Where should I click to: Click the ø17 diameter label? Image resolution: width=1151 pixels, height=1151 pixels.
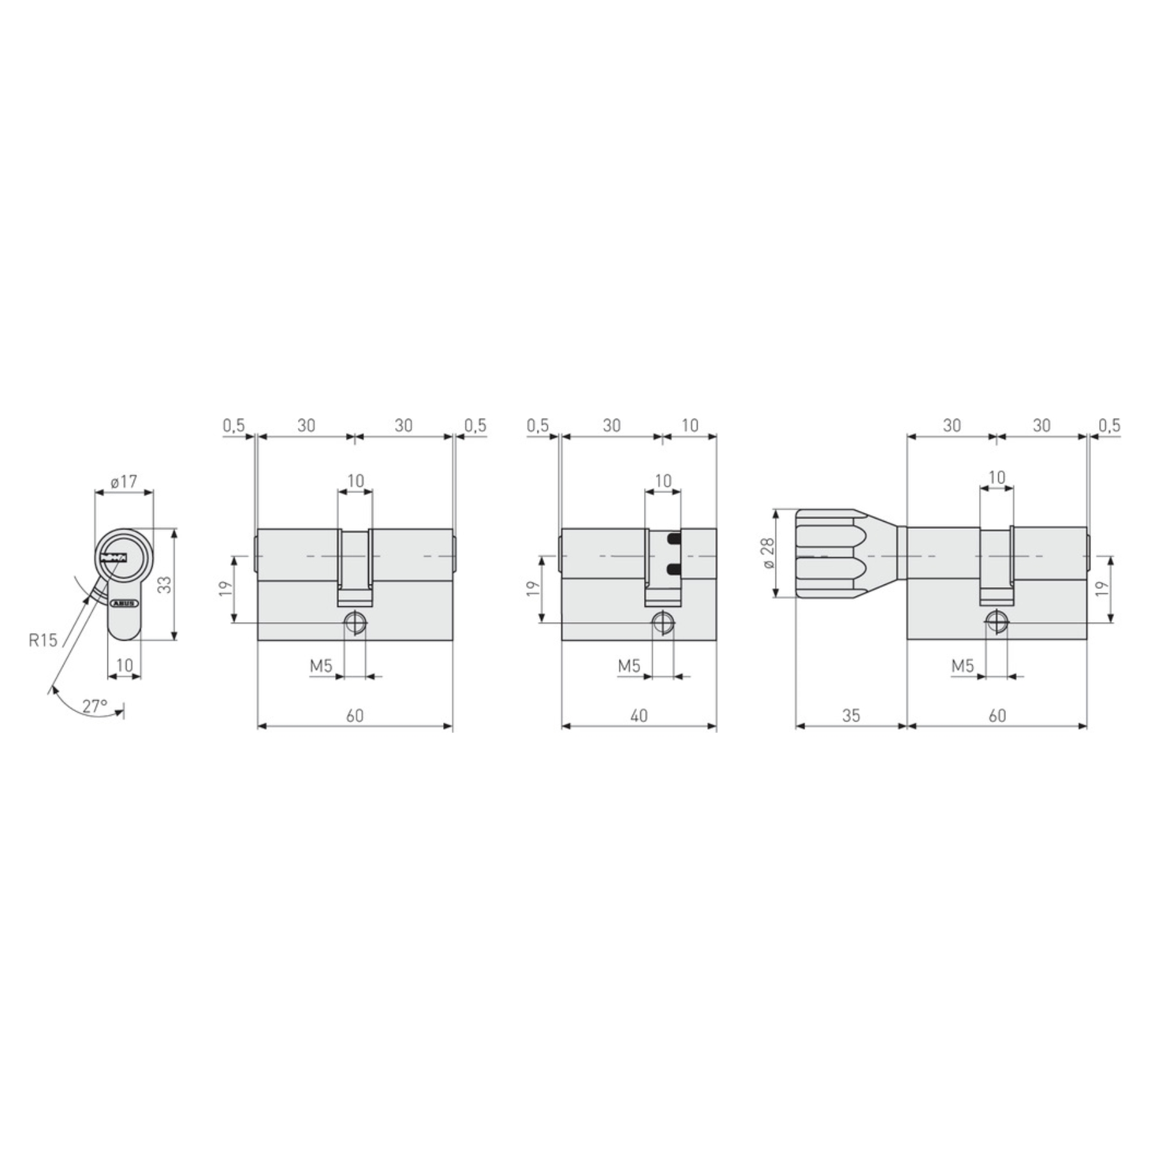click(124, 481)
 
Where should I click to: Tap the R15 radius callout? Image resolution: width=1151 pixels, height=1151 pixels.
click(43, 639)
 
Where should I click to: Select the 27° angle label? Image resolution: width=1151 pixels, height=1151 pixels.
click(95, 706)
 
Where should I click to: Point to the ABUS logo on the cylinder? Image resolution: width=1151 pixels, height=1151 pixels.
click(124, 603)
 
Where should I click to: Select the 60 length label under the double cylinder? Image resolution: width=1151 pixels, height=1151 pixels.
click(355, 716)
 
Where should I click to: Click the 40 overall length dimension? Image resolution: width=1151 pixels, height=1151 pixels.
click(639, 716)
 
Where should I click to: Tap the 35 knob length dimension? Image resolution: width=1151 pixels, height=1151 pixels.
click(851, 716)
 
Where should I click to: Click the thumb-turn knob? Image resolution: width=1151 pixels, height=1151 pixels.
click(831, 554)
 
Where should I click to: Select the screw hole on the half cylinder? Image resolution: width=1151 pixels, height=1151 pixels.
click(662, 622)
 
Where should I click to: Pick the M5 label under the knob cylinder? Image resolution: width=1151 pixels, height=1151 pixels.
click(962, 666)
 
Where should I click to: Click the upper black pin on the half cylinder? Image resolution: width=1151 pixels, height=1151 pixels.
click(673, 539)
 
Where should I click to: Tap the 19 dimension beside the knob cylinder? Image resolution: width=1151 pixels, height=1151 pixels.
click(1101, 589)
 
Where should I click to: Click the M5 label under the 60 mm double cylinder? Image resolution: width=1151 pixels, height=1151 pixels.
click(321, 666)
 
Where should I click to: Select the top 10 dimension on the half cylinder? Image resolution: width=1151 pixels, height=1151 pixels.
click(690, 425)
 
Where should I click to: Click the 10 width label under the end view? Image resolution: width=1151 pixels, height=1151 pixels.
click(124, 665)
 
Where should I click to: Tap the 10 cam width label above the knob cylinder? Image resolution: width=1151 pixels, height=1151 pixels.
click(997, 477)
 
